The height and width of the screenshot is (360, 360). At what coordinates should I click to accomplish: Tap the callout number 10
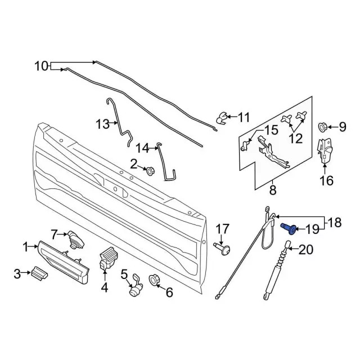pyautogui.click(x=42, y=66)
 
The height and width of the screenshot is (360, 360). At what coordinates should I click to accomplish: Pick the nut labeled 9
pyautogui.click(x=325, y=126)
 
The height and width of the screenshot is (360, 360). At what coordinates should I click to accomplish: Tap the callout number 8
pyautogui.click(x=273, y=190)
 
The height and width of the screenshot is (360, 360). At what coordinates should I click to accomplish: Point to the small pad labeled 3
pyautogui.click(x=38, y=273)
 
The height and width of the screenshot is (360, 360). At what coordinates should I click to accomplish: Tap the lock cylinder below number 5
pyautogui.click(x=135, y=290)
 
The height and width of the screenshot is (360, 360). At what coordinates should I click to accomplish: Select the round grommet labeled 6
pyautogui.click(x=154, y=279)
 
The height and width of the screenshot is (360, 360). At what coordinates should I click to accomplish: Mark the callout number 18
pyautogui.click(x=334, y=223)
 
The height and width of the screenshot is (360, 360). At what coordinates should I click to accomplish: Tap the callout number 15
pyautogui.click(x=271, y=130)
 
